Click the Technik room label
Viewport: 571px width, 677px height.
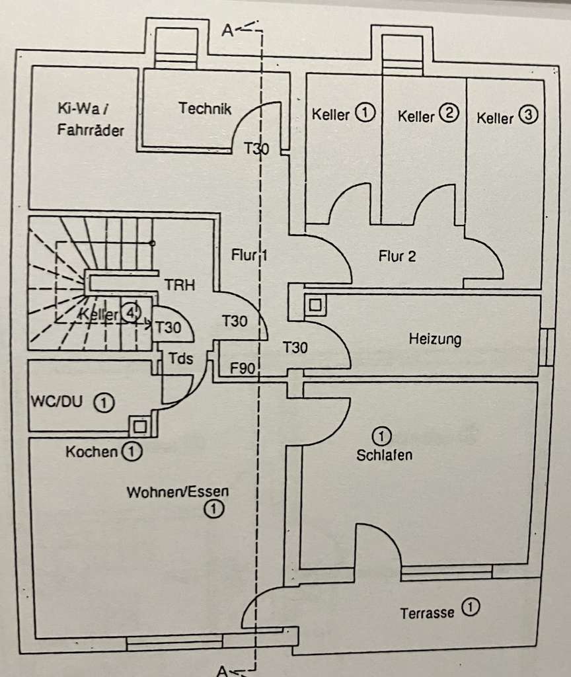(x=205, y=109)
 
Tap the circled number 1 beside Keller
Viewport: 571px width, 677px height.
(x=364, y=114)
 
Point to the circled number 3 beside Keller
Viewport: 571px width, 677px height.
(x=528, y=116)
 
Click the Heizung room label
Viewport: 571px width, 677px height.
(x=435, y=340)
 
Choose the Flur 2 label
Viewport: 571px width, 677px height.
(x=397, y=257)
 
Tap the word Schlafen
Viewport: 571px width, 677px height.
(x=384, y=456)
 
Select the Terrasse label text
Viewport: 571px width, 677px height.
(x=428, y=613)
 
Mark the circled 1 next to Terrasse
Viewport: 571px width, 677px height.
(x=469, y=607)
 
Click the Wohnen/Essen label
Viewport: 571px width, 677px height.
(x=178, y=492)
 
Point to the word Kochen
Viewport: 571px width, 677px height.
(x=92, y=453)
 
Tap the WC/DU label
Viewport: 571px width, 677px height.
(x=56, y=401)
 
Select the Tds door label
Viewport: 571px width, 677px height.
(x=181, y=358)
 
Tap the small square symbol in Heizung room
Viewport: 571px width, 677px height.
(x=316, y=305)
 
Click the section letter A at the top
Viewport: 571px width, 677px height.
(x=227, y=30)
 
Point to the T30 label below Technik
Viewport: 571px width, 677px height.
(x=256, y=149)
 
